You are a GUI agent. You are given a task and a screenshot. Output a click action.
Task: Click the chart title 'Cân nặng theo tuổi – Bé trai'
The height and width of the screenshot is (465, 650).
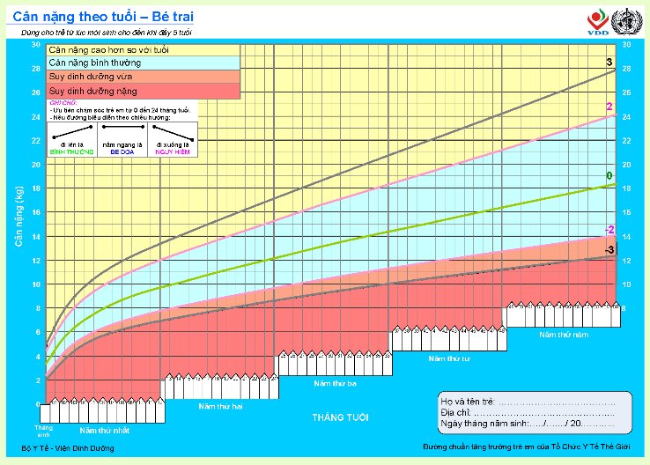(104, 17)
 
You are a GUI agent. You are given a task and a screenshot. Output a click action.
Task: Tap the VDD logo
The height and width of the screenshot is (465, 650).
(596, 22)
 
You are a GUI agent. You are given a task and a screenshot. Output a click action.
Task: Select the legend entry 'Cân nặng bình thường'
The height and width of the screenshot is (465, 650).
(95, 63)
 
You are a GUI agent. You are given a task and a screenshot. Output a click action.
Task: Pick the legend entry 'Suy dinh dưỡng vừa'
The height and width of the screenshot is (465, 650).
(91, 77)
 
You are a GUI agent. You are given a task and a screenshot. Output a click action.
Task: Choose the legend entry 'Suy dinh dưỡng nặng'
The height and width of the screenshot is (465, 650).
(92, 91)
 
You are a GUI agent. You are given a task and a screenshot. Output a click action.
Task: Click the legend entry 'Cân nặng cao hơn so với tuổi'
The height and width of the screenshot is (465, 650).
(109, 49)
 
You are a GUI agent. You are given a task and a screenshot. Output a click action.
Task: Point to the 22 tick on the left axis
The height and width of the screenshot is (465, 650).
(34, 141)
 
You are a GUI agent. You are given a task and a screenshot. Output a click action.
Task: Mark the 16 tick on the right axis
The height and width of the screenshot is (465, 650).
(625, 213)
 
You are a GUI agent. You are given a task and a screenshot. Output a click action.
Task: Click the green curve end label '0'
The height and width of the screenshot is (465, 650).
(609, 176)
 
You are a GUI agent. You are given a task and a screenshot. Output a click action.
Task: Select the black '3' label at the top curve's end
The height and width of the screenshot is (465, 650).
(609, 63)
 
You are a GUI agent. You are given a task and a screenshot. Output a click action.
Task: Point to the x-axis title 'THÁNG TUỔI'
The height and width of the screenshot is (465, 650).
(340, 417)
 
